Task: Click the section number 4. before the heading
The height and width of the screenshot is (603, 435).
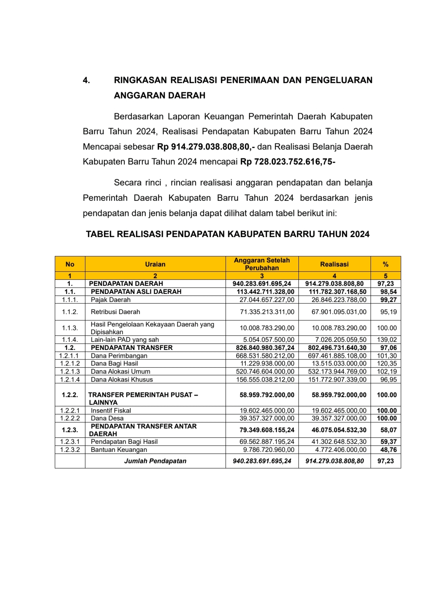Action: pyautogui.click(x=86, y=80)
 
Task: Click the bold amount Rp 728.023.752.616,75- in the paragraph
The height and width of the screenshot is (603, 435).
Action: pyautogui.click(x=288, y=162)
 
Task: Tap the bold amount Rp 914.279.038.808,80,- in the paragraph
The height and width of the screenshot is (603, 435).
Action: pyautogui.click(x=205, y=147)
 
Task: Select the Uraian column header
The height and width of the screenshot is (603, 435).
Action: pyautogui.click(x=155, y=264)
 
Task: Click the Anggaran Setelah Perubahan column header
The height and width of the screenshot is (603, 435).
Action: pyautogui.click(x=262, y=264)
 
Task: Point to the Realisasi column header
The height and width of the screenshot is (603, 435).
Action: pyautogui.click(x=334, y=264)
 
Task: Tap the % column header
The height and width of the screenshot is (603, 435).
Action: pyautogui.click(x=385, y=264)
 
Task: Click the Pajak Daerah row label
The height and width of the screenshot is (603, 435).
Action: pyautogui.click(x=110, y=300)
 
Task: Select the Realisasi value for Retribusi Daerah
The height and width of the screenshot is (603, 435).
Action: pyautogui.click(x=339, y=312)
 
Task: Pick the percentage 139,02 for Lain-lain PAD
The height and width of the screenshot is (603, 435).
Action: pyautogui.click(x=387, y=340)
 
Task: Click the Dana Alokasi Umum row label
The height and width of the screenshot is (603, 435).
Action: pyautogui.click(x=120, y=372)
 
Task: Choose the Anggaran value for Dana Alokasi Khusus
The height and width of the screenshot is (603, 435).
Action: pyautogui.click(x=265, y=380)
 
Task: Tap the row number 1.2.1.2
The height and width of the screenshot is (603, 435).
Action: pyautogui.click(x=70, y=364)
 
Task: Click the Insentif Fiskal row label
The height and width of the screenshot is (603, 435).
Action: pyautogui.click(x=111, y=411)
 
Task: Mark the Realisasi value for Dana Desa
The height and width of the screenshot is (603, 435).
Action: pyautogui.click(x=339, y=418)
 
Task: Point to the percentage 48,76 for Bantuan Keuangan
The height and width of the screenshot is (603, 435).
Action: pyautogui.click(x=388, y=450)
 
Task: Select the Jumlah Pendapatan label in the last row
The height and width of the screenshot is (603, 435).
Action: pyautogui.click(x=155, y=461)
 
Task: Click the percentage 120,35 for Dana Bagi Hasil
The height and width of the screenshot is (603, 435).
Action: pyautogui.click(x=387, y=364)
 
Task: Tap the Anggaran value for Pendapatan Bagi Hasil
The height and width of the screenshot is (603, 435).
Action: pyautogui.click(x=267, y=442)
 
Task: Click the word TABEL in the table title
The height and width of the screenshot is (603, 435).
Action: pyautogui.click(x=100, y=234)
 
